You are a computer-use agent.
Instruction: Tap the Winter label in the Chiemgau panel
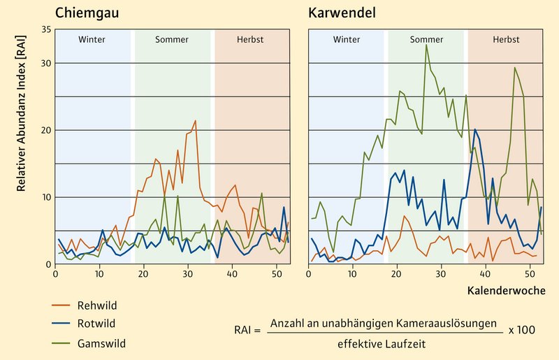[92, 40]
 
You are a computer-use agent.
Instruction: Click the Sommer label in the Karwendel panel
[426, 40]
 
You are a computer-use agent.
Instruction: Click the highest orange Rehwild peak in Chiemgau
[195, 121]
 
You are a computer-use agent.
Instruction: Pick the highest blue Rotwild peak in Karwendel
[475, 129]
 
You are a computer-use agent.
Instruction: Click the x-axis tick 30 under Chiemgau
[187, 273]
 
